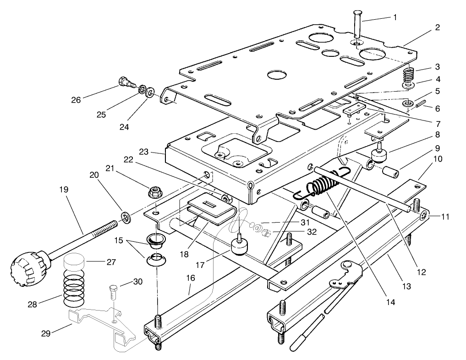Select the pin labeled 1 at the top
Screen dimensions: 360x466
pyautogui.click(x=358, y=27)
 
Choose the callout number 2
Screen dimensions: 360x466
pyautogui.click(x=438, y=27)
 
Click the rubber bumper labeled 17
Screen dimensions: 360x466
pyautogui.click(x=240, y=246)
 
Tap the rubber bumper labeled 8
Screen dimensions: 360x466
pyautogui.click(x=380, y=155)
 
